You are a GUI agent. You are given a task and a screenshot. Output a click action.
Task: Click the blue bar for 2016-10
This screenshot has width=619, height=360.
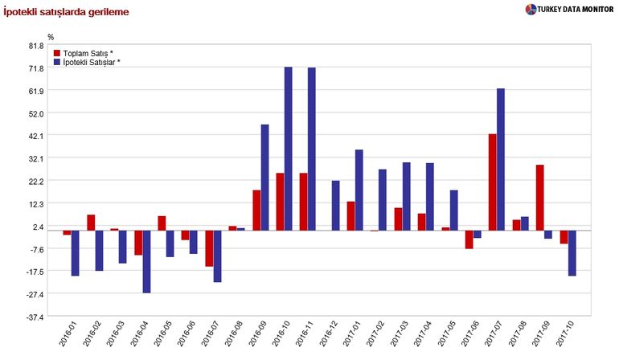288,149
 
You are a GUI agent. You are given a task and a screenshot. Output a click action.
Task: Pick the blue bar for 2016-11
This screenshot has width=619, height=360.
312,149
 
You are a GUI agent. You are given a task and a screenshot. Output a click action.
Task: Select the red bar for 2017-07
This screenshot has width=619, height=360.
492,182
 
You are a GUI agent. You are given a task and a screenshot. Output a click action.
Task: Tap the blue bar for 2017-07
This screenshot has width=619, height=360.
500,159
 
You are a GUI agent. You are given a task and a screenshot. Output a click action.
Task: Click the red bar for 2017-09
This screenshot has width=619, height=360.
539,198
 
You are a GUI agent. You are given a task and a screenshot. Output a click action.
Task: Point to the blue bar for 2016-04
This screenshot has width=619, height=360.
146,262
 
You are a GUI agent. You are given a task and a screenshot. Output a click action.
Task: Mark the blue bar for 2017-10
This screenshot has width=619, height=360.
572,253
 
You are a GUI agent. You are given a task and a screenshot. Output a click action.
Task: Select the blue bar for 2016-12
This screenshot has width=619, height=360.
335,206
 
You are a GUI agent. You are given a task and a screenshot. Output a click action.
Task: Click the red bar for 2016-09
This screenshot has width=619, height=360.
256,211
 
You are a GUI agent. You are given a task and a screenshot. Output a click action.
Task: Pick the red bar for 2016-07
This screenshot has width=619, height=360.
209,248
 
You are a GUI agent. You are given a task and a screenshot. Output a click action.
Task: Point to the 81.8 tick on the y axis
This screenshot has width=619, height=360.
36,46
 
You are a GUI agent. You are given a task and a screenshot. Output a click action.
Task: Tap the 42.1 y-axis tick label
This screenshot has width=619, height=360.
36,136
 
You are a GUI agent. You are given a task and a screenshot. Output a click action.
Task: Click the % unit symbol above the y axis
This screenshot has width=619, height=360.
51,37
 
